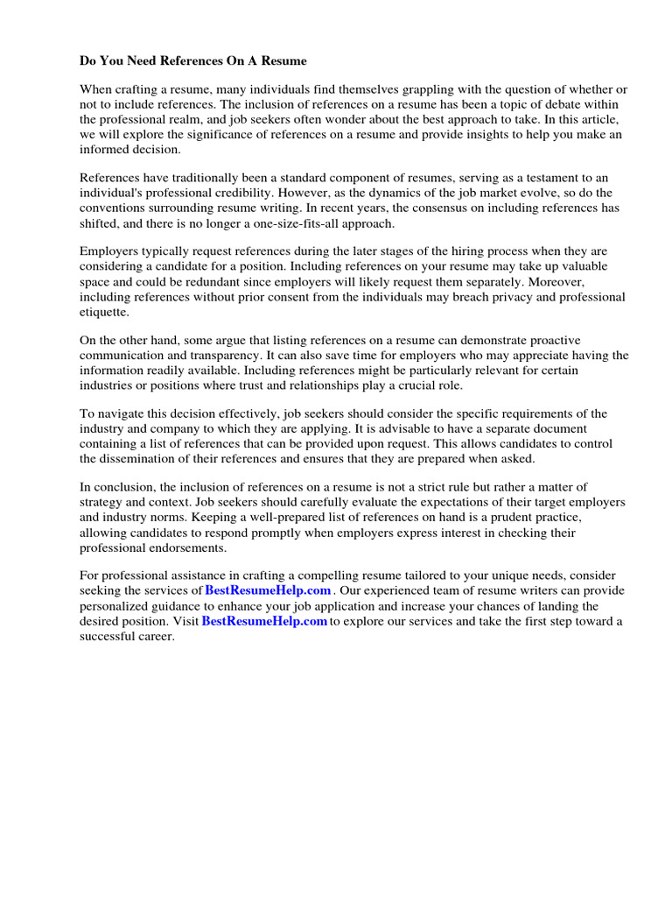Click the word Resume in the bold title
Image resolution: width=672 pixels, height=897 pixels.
284,61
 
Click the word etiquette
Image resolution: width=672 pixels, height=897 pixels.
104,312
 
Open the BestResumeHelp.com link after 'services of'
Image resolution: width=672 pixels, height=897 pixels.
268,591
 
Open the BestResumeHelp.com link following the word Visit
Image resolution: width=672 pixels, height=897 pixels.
264,621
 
